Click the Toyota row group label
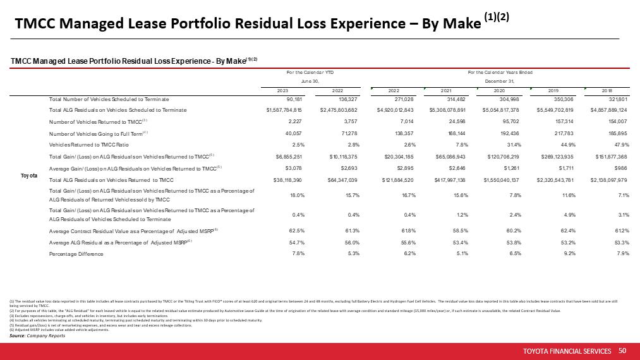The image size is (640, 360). (30, 174)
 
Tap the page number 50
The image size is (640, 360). (622, 351)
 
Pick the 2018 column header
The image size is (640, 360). (607, 90)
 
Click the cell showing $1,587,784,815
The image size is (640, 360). (288, 111)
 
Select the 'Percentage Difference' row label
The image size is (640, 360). (76, 254)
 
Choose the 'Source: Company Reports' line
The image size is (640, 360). (38, 335)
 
